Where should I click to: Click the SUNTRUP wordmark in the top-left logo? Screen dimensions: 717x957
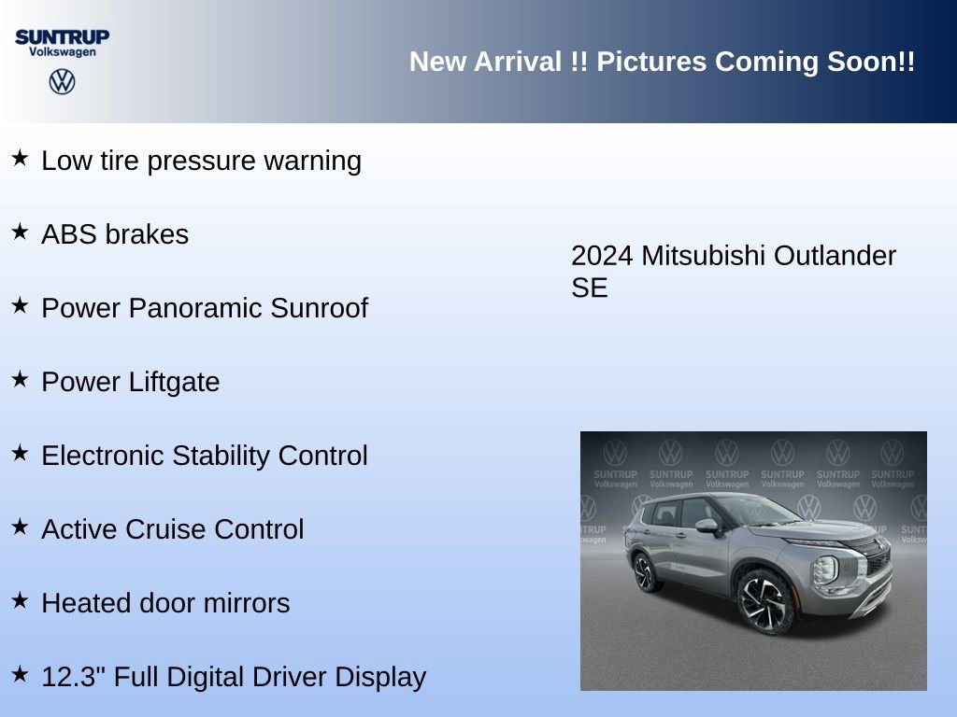(x=62, y=36)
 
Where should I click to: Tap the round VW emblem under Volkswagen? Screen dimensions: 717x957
(x=62, y=81)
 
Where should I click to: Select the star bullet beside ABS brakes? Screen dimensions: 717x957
(x=20, y=232)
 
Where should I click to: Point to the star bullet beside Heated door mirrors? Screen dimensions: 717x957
(x=20, y=600)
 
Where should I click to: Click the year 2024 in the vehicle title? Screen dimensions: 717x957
(x=602, y=256)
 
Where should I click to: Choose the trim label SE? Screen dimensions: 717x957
(x=589, y=288)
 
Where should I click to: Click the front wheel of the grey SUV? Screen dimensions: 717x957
(x=764, y=597)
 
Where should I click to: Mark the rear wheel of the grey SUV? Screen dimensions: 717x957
(x=646, y=570)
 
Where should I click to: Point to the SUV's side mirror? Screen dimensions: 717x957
(x=707, y=527)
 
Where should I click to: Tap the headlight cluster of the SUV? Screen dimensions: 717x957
(x=827, y=569)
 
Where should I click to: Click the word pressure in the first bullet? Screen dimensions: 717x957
(x=200, y=161)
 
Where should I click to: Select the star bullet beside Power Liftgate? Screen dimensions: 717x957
(x=20, y=379)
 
